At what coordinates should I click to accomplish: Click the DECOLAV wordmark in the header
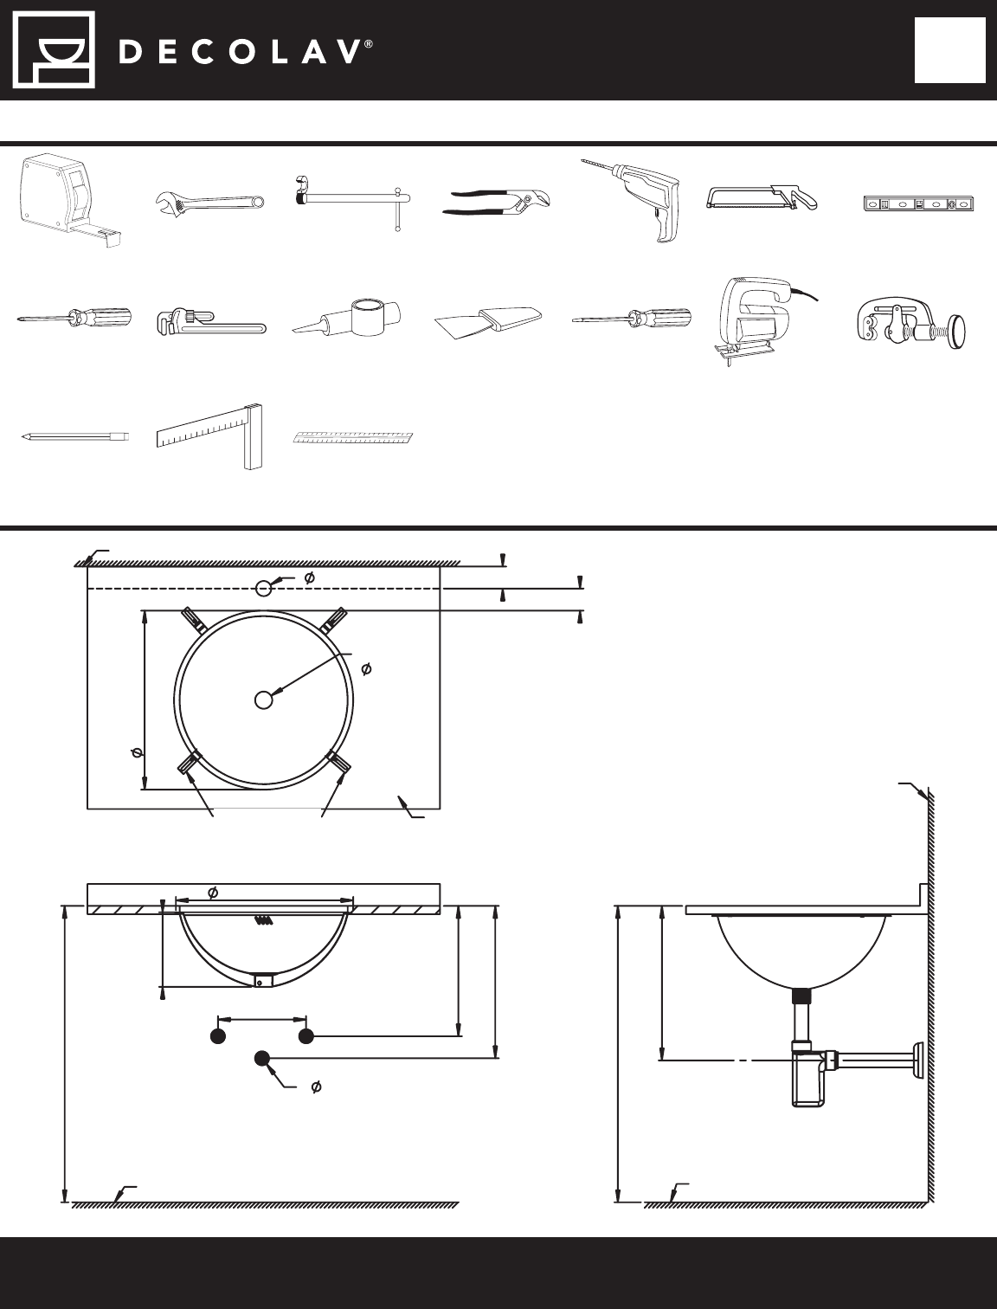click(x=246, y=52)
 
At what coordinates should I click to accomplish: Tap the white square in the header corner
click(x=950, y=50)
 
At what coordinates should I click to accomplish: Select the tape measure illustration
click(x=70, y=200)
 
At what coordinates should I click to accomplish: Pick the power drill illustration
click(x=632, y=200)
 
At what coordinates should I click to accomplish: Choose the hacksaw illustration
click(x=761, y=197)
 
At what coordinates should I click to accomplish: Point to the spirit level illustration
click(x=918, y=204)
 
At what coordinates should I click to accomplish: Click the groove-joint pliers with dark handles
click(x=496, y=202)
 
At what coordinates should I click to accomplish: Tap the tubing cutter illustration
click(x=912, y=326)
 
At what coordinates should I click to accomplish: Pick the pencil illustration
click(x=74, y=436)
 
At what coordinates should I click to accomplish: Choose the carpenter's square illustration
click(x=209, y=436)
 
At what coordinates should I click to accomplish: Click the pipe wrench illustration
click(x=211, y=321)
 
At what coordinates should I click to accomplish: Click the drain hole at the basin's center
click(x=263, y=700)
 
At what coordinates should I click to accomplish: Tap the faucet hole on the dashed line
click(x=263, y=589)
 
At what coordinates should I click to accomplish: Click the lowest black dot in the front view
click(x=262, y=1059)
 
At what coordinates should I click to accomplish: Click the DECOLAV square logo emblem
click(x=55, y=50)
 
